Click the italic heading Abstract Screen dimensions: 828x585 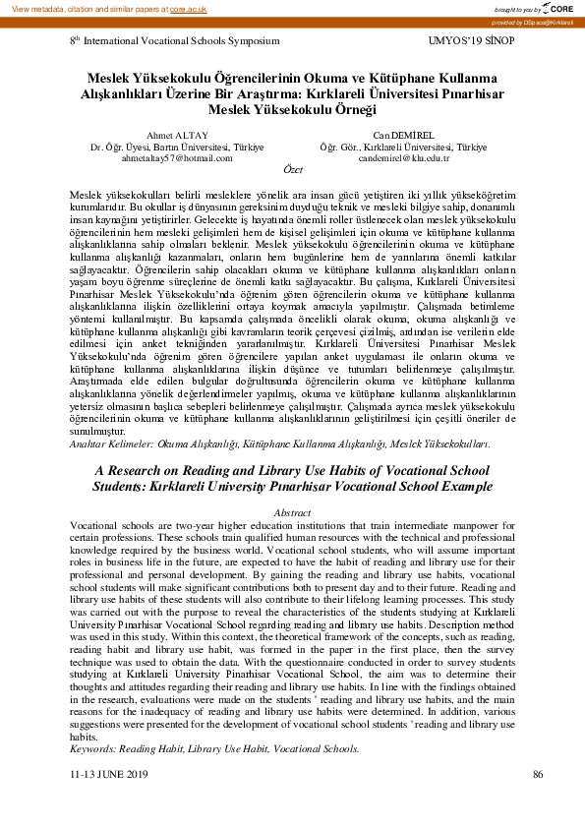pyautogui.click(x=292, y=513)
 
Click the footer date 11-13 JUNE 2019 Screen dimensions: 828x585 pyautogui.click(x=108, y=775)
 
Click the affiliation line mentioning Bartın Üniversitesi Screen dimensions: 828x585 pyautogui.click(x=177, y=146)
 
